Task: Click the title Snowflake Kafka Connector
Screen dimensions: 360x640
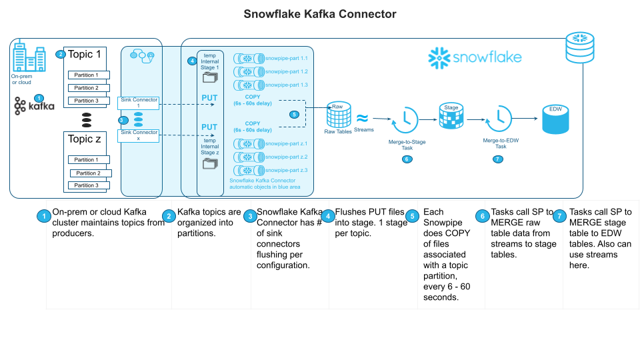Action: click(319, 13)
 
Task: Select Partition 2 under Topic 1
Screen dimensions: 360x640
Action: click(89, 88)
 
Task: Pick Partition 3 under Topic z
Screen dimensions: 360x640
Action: click(89, 185)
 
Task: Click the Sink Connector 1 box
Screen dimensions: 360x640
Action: click(139, 103)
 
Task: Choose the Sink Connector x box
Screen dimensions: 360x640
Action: click(139, 135)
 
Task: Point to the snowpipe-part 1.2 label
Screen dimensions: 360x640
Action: click(286, 71)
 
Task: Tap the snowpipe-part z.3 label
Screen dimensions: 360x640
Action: click(286, 171)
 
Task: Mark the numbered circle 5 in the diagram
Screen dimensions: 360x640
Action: click(294, 114)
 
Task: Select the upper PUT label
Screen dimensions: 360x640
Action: click(209, 98)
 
